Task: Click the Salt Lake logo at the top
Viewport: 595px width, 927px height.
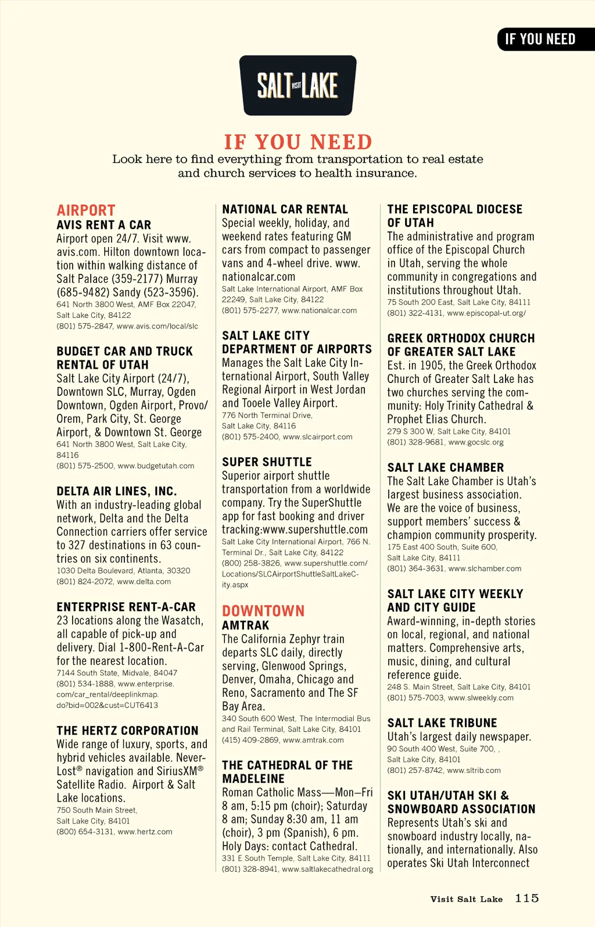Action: (x=297, y=85)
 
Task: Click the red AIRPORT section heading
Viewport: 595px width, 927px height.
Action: (x=86, y=210)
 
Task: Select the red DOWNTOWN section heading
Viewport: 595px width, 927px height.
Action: (x=263, y=611)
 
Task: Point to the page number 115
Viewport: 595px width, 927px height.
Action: (x=527, y=899)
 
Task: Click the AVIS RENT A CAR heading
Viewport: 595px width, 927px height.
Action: (x=104, y=225)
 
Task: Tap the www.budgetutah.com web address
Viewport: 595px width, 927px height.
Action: (x=156, y=466)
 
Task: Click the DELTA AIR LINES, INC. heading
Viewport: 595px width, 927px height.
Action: (x=117, y=491)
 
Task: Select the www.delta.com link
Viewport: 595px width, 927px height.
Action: (x=144, y=581)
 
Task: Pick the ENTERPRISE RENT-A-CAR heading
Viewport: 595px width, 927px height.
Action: (x=126, y=607)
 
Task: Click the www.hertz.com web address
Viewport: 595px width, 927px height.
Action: (x=145, y=832)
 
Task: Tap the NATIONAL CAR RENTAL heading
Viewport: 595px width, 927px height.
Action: (x=285, y=209)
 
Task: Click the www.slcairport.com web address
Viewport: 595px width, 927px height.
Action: (x=317, y=436)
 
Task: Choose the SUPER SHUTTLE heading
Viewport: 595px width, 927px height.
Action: (x=267, y=462)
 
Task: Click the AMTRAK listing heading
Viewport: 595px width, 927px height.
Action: (x=246, y=625)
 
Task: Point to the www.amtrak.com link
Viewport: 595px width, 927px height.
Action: (x=313, y=740)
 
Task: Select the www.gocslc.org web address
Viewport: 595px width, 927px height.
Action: (x=476, y=442)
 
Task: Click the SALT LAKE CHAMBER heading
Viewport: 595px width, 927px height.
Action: (x=446, y=467)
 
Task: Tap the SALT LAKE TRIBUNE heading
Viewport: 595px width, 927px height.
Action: (x=442, y=723)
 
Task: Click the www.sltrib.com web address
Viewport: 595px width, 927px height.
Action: (x=474, y=770)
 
